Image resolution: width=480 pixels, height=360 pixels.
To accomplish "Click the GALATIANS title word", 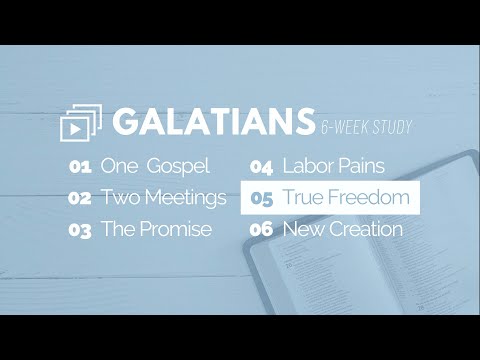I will (212, 121).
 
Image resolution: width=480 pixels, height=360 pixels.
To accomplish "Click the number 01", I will (80, 166).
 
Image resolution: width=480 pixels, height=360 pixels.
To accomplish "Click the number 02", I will (81, 198).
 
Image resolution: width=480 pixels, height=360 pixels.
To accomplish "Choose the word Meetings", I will (183, 197).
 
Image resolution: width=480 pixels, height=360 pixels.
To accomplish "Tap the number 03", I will (81, 230).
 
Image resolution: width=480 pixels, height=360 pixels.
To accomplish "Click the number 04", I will (262, 166).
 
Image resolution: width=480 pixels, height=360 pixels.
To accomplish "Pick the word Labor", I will (306, 166).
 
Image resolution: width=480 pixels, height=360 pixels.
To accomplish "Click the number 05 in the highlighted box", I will (262, 198).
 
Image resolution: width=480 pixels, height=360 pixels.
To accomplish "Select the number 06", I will (262, 230).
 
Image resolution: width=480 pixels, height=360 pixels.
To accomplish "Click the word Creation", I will (364, 229).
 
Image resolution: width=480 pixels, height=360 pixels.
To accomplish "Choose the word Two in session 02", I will (118, 197).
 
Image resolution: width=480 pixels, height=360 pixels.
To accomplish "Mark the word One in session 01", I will (118, 166).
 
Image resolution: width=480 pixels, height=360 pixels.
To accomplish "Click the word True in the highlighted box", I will (302, 197).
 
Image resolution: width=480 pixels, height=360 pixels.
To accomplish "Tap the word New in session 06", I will (302, 229).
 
